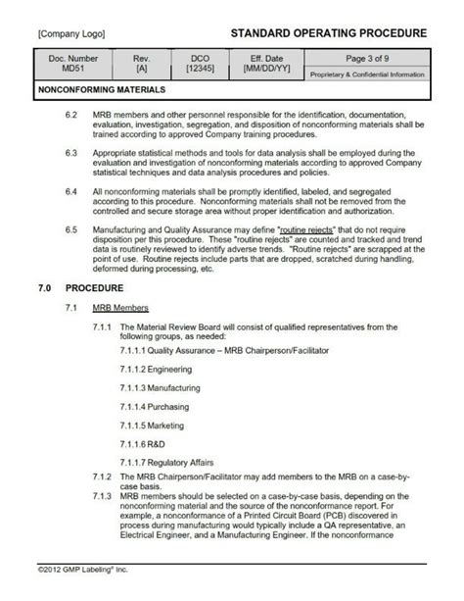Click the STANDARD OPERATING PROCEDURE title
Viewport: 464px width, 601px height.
(328, 32)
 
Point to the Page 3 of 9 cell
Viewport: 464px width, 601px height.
(367, 60)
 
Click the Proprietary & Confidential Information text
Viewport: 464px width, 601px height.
(367, 75)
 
